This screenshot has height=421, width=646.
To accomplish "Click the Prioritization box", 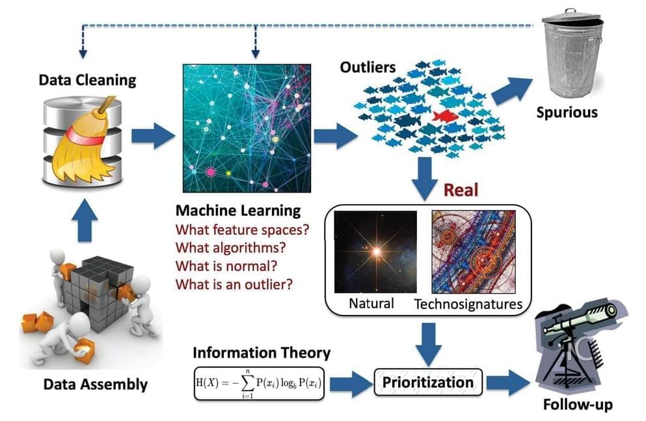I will pyautogui.click(x=428, y=383).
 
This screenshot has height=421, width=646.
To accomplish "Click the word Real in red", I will pyautogui.click(x=461, y=190).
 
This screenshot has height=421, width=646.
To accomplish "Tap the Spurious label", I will pyautogui.click(x=567, y=113).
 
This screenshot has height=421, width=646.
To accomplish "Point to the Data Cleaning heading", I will pyautogui.click(x=87, y=80).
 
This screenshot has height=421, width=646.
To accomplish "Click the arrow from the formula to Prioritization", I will pyautogui.click(x=350, y=383).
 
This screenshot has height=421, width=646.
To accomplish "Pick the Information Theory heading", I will pyautogui.click(x=262, y=353).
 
